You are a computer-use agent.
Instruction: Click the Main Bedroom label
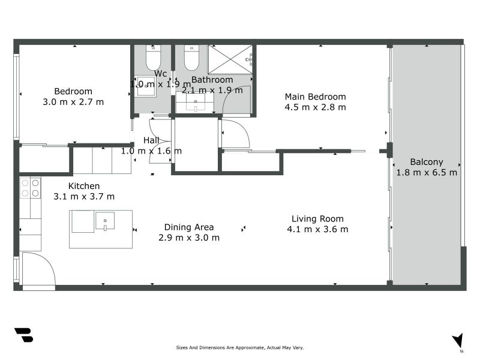coord(315,97)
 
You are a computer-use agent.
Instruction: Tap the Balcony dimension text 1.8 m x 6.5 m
coord(427,172)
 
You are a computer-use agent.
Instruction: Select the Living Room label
coord(317,219)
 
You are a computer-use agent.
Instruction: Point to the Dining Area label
coord(189,227)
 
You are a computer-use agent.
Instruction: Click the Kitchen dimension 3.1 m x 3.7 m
coord(84,196)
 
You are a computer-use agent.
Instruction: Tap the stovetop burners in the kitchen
coord(31,187)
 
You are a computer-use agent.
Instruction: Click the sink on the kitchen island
coord(105,221)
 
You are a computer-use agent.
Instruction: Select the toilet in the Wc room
coord(153,58)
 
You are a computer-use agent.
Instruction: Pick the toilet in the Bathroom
coord(191,58)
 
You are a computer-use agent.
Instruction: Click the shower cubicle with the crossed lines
coord(230,59)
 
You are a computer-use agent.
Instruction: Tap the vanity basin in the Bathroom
coord(195,103)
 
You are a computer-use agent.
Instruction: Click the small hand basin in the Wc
coord(145,87)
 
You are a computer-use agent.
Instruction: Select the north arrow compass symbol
coord(458,341)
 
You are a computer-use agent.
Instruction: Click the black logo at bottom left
coord(23,335)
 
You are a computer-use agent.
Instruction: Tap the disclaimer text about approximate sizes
coord(240,347)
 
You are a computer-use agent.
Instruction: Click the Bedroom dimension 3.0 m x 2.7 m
coord(73,102)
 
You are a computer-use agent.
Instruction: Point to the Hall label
coord(151,140)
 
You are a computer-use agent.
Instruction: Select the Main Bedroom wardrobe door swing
coord(235,134)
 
